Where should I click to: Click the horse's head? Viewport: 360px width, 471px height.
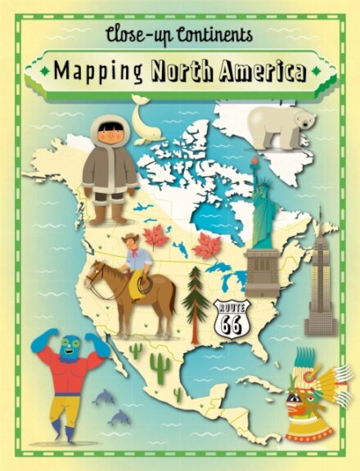pyautogui.click(x=95, y=275)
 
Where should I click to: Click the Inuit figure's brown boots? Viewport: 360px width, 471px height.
pyautogui.click(x=108, y=213)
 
